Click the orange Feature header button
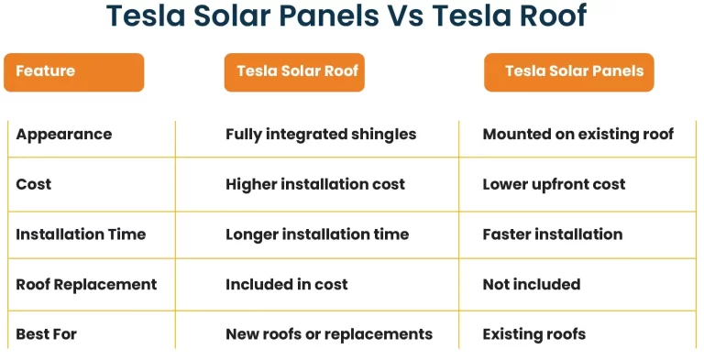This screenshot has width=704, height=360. click(x=73, y=71)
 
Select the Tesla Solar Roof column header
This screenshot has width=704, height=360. click(x=293, y=71)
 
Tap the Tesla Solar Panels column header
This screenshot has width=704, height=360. click(x=569, y=71)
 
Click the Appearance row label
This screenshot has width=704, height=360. click(x=64, y=135)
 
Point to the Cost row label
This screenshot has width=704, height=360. click(x=34, y=184)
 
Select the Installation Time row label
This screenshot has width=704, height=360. click(x=81, y=235)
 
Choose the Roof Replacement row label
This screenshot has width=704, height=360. click(x=86, y=285)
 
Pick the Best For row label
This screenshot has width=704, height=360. click(x=47, y=334)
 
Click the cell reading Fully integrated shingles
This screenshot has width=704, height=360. click(x=321, y=135)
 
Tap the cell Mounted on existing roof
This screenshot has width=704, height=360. click(x=577, y=135)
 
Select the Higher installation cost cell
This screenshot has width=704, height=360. click(x=315, y=184)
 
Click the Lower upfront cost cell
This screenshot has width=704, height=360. click(x=554, y=184)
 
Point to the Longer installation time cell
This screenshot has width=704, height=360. click(x=317, y=235)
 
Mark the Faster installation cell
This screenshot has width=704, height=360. click(x=552, y=235)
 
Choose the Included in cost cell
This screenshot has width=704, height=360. click(x=286, y=285)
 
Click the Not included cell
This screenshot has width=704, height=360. click(x=531, y=285)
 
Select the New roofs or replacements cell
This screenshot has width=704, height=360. click(x=328, y=334)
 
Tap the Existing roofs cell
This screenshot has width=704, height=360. click(x=533, y=334)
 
